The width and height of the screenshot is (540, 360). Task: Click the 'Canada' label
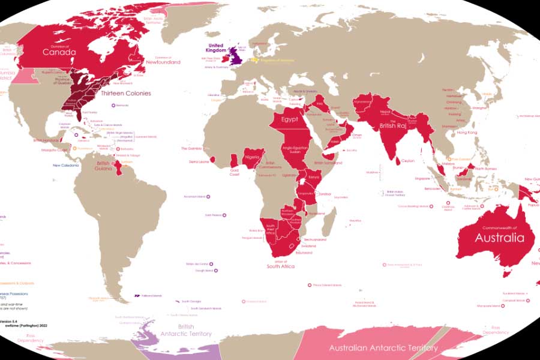pyautogui.click(x=59, y=52)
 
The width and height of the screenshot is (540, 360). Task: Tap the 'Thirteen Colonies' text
pyautogui.click(x=125, y=94)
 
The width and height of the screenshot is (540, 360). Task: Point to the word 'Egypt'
pyautogui.click(x=289, y=119)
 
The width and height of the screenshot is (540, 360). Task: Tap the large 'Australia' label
pyautogui.click(x=496, y=238)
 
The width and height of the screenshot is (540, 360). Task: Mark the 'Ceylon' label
pyautogui.click(x=408, y=161)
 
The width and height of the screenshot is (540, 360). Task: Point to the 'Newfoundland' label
pyautogui.click(x=164, y=62)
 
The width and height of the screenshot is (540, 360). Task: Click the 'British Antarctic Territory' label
pyautogui.click(x=185, y=330)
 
